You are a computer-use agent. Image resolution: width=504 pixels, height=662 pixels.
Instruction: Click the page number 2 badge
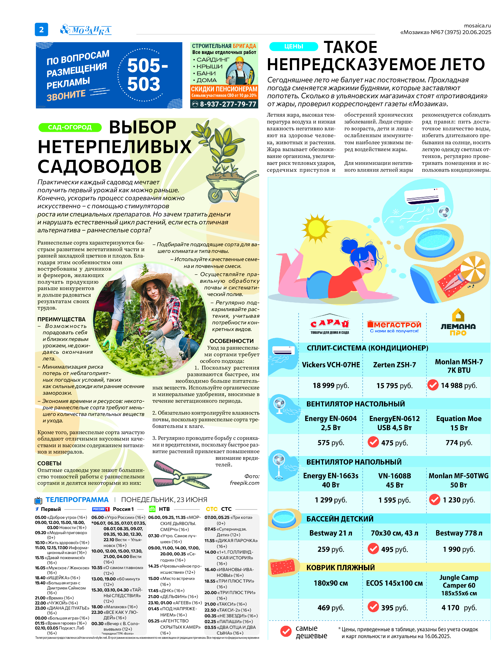coord(41,29)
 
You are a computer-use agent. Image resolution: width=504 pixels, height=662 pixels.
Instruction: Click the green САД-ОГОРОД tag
coord(70,127)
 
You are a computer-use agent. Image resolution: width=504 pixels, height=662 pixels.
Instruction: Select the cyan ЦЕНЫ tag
coord(293,46)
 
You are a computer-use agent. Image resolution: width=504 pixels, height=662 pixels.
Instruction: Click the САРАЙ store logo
coord(330,324)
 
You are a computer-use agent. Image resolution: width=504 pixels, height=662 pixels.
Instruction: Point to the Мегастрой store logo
coord(394,326)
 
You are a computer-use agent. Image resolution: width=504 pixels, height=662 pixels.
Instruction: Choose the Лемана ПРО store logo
coord(458,323)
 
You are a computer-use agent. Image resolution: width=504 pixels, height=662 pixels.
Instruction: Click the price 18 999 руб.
coord(331,385)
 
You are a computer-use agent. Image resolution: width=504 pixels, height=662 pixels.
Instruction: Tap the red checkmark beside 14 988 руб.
coord(433,385)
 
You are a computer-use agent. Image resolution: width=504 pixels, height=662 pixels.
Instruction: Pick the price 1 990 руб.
coord(459,549)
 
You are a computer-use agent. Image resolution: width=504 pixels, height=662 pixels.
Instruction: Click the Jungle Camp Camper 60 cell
coord(459,585)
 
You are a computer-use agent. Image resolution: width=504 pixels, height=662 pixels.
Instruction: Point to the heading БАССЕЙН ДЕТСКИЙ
coord(340,519)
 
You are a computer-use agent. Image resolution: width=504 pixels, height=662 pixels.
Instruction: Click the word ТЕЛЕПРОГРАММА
coord(77,500)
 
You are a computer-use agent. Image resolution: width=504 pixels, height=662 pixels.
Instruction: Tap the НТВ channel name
coord(164,509)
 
